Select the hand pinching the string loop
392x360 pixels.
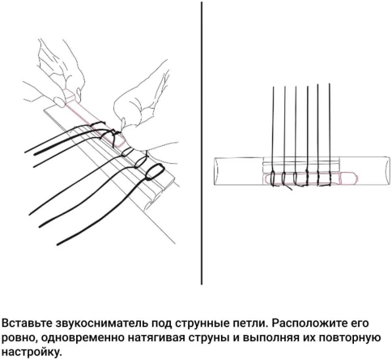[134, 114]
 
